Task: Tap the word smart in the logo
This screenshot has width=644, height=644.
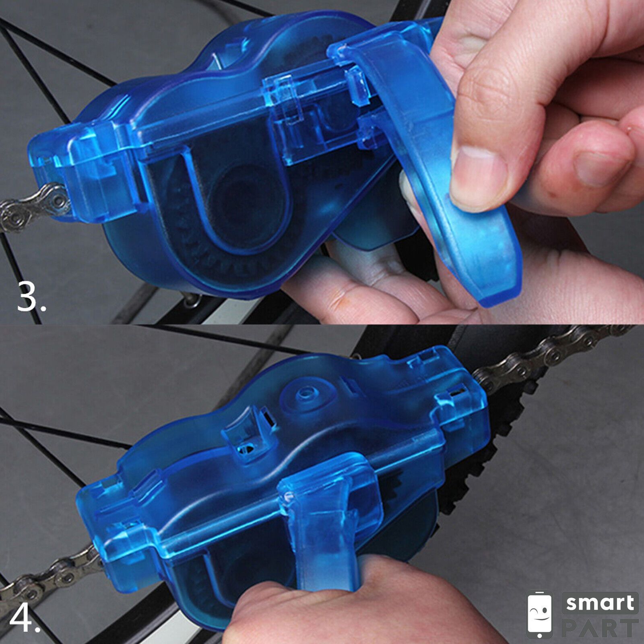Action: [600, 603]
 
